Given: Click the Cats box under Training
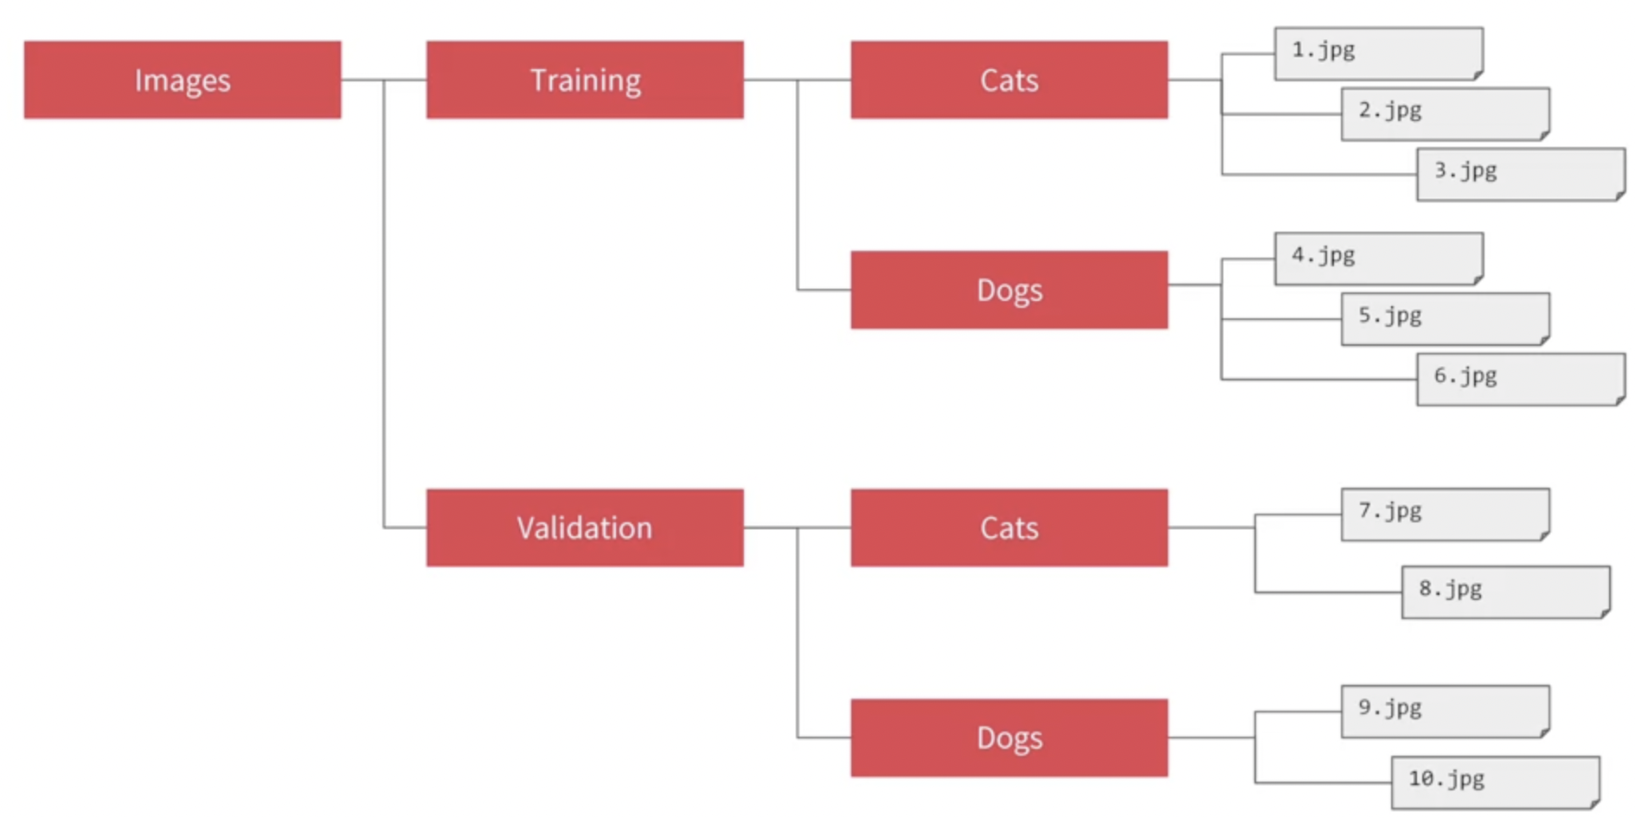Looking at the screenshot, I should click(x=1009, y=80).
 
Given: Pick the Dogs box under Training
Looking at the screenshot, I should click(x=1009, y=290).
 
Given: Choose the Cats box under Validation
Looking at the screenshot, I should click(x=1009, y=527).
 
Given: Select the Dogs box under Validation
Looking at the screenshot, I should click(x=1009, y=738).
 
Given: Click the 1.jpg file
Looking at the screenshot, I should click(x=1378, y=54).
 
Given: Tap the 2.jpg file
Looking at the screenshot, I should click(x=1445, y=113).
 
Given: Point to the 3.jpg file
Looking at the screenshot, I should click(x=1520, y=174).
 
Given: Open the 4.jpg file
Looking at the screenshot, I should click(x=1378, y=259).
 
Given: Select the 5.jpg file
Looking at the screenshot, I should click(x=1445, y=318).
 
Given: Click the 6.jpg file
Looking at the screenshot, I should click(x=1520, y=379).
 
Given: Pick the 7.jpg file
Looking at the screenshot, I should click(x=1445, y=514).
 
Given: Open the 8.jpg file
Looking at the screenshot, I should click(x=1505, y=591).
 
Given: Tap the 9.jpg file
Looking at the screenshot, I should click(x=1445, y=711).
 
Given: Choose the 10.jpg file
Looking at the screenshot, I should click(x=1495, y=782).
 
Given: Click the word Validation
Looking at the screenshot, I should click(x=585, y=527).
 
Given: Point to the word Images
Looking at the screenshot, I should click(x=183, y=80).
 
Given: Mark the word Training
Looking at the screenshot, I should click(x=586, y=80).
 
